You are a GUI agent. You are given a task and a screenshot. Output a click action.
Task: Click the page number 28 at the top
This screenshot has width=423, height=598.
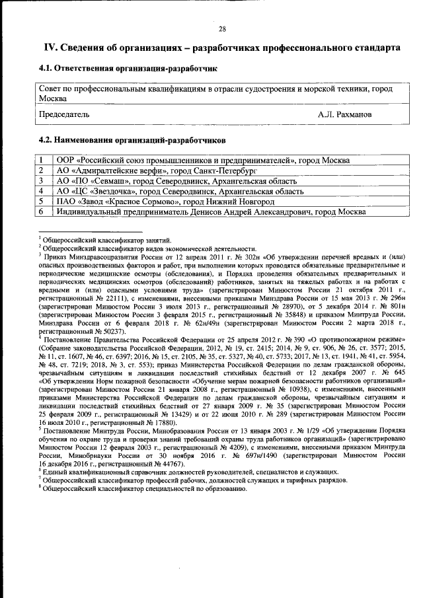(x=223, y=29)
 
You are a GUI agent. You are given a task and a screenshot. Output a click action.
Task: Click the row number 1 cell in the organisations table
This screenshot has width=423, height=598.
(x=41, y=160)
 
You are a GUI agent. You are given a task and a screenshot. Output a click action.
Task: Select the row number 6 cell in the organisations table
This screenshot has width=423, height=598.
(x=41, y=212)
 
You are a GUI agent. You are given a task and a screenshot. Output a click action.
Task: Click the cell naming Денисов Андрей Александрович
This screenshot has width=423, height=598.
(x=210, y=212)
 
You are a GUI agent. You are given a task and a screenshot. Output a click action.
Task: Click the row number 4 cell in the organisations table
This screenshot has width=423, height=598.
(x=41, y=192)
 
